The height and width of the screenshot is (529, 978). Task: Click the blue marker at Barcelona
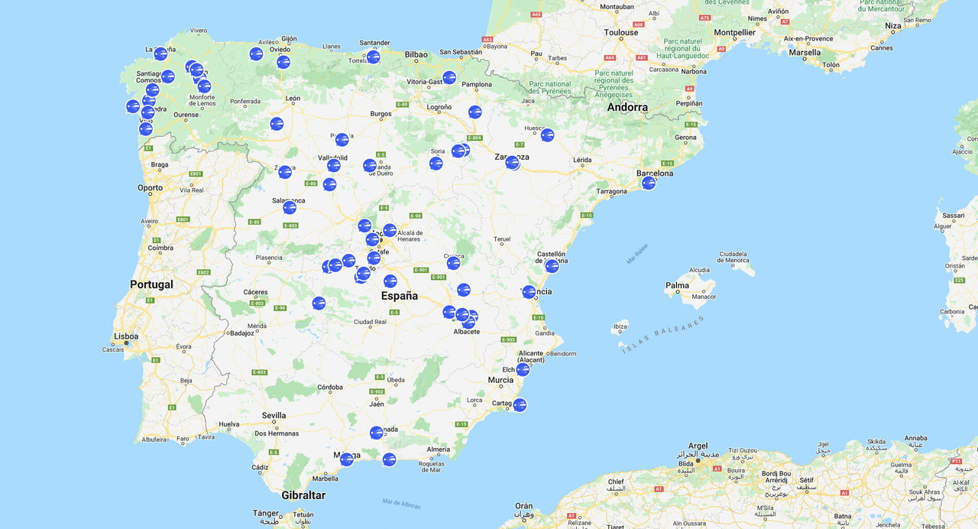point(649,183)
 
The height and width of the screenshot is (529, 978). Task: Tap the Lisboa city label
point(126,336)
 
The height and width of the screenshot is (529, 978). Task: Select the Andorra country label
point(627,107)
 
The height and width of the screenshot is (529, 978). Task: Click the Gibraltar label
point(303,495)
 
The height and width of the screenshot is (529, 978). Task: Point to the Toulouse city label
point(620,33)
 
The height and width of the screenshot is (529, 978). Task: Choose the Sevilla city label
point(274,416)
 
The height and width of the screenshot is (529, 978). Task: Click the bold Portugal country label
point(151,284)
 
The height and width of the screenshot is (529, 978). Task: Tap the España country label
point(400,296)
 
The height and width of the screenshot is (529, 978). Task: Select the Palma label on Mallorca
point(677,286)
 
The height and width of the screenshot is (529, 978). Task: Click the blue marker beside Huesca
point(547,135)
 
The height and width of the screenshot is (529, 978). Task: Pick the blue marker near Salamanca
point(290,207)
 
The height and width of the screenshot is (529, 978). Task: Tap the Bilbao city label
point(416,54)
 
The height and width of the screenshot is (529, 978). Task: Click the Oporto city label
point(150,187)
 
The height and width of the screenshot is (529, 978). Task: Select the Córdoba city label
point(330,387)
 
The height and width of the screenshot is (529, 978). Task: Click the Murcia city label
point(500,380)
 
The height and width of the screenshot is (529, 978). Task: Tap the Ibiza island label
point(620,326)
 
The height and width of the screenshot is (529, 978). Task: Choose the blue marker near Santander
point(373,57)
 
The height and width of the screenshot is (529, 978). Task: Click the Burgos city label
point(381,114)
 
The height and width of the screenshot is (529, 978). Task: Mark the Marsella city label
point(805,53)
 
